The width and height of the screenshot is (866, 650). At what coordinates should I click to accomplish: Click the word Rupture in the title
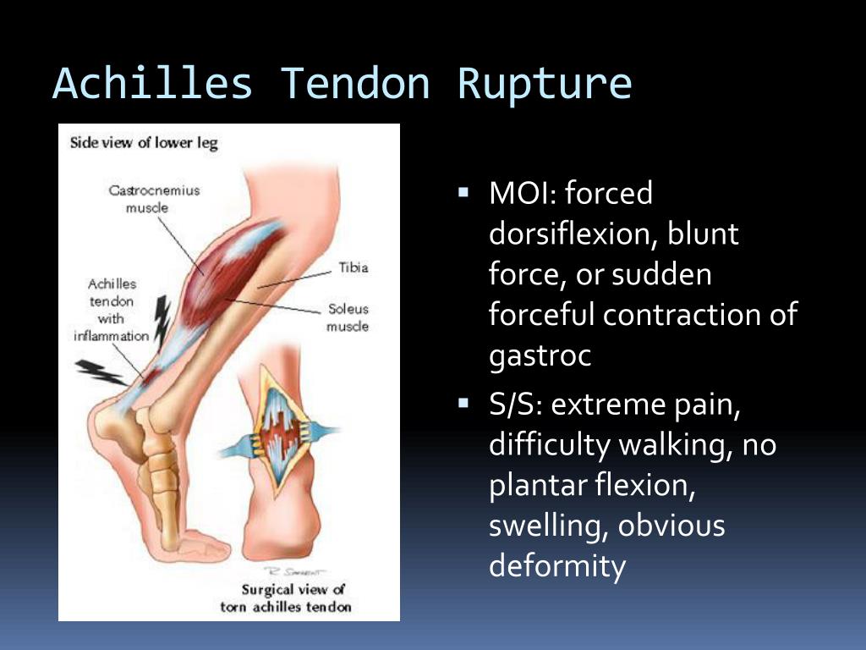pyautogui.click(x=545, y=84)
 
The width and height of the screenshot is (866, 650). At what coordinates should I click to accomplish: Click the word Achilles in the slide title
pyautogui.click(x=153, y=83)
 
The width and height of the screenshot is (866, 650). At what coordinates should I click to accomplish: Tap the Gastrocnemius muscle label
pyautogui.click(x=153, y=199)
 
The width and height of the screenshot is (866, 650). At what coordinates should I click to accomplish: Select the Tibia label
pyautogui.click(x=354, y=267)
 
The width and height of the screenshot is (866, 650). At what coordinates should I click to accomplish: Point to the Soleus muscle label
pyautogui.click(x=348, y=317)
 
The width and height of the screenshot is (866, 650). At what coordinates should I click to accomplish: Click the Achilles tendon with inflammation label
pyautogui.click(x=112, y=310)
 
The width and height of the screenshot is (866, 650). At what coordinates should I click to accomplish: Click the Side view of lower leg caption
pyautogui.click(x=144, y=142)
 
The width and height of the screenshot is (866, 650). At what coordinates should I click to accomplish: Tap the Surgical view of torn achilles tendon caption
pyautogui.click(x=286, y=598)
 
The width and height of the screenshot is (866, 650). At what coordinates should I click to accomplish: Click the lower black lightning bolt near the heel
pyautogui.click(x=101, y=372)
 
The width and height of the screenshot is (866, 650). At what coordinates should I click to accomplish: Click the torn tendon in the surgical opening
pyautogui.click(x=282, y=431)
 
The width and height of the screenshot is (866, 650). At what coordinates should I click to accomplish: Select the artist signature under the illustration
pyautogui.click(x=294, y=571)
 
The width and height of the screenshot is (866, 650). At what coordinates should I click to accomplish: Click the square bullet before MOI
pyautogui.click(x=463, y=193)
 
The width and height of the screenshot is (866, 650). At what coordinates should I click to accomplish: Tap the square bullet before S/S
pyautogui.click(x=463, y=404)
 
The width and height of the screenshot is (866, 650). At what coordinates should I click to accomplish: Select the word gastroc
pyautogui.click(x=540, y=356)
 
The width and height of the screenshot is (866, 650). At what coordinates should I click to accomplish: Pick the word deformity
pyautogui.click(x=558, y=565)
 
